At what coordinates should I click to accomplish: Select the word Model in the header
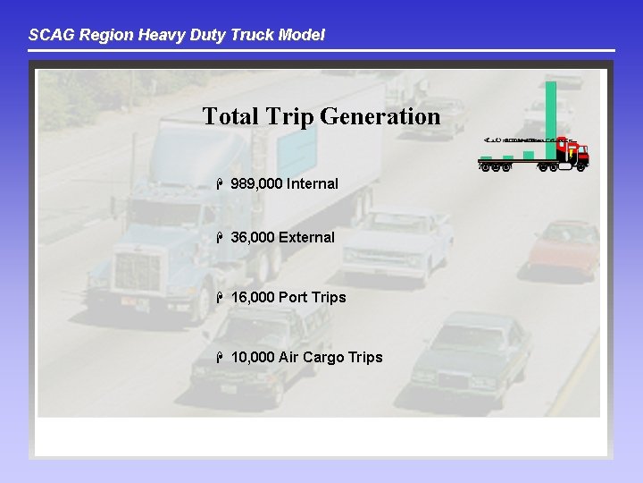tap(302, 36)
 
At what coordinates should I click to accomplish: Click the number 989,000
tap(256, 184)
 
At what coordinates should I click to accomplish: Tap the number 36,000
tap(253, 238)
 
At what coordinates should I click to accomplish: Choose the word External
tap(306, 238)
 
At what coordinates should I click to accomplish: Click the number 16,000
tap(253, 297)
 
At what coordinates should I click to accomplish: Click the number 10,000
tap(253, 358)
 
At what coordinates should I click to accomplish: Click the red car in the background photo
tap(564, 249)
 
